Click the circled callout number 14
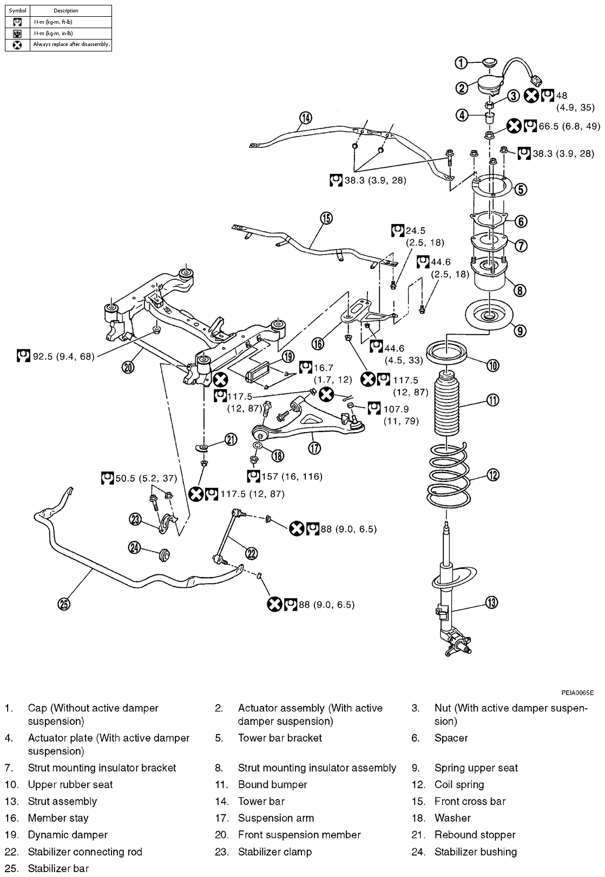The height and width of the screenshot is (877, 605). point(306,118)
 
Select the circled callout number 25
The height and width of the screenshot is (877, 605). point(64,604)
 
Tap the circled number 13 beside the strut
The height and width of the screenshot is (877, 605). point(491,602)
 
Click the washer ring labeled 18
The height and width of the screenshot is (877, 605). point(258,446)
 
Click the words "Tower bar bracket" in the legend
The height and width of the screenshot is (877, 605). point(280,738)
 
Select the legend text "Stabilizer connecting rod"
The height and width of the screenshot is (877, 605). point(85,852)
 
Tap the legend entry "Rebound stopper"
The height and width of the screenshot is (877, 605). point(475,835)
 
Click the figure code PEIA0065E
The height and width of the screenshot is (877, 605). point(577,692)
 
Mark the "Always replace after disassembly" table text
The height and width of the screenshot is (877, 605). point(71,44)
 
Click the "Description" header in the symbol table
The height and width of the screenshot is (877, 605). point(66,10)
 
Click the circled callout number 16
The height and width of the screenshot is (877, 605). point(318,343)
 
